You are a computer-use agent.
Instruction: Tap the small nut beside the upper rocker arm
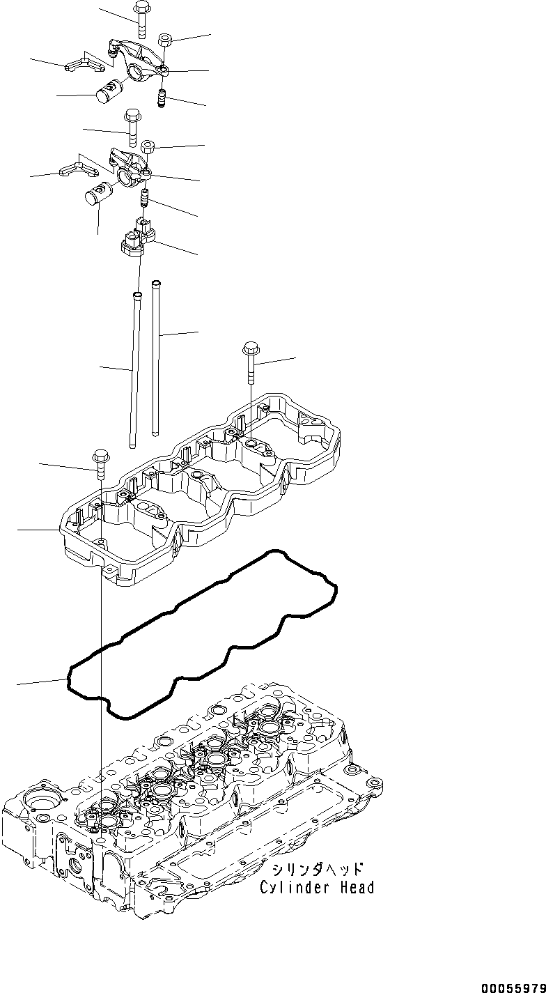[x=166, y=40]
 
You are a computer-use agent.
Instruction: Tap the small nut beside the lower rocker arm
[x=148, y=147]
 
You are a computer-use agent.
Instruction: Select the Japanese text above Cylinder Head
[x=316, y=870]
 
